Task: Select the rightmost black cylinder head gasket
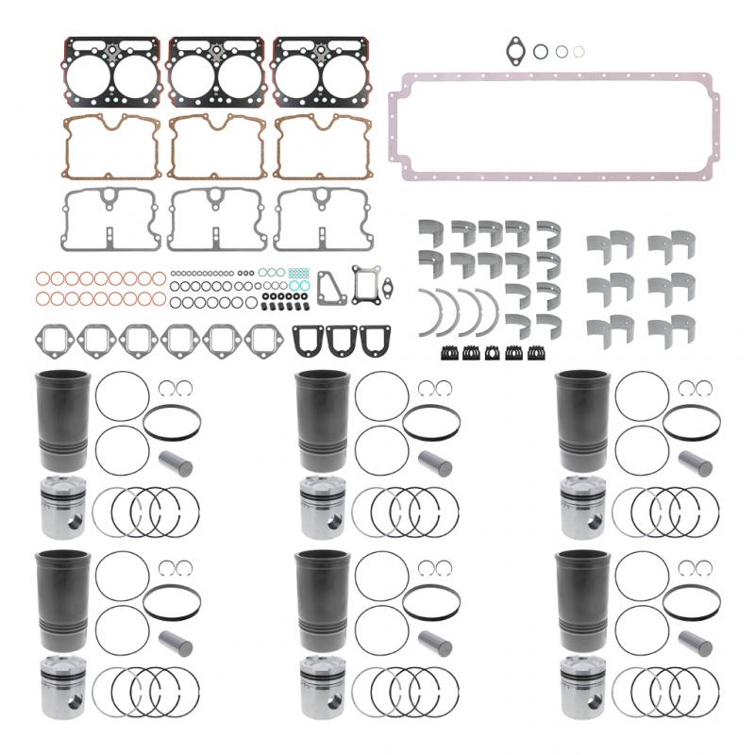coord(322,72)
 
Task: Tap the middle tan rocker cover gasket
coord(216,146)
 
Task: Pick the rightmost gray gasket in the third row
coord(322,219)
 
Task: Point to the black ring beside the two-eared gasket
coord(541,51)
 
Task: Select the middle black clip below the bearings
coord(493,353)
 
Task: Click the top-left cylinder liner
coord(63,420)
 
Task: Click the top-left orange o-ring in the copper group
coord(41,278)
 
